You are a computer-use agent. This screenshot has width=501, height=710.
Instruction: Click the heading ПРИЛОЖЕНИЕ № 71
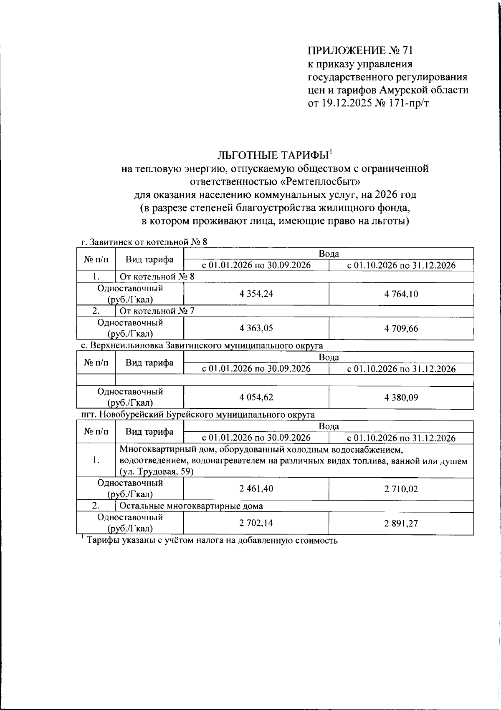pyautogui.click(x=360, y=51)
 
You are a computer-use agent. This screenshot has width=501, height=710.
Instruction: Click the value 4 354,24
pyautogui.click(x=256, y=294)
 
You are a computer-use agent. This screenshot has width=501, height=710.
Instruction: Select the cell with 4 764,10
pyautogui.click(x=401, y=294)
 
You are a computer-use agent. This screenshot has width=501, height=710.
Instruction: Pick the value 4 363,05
pyautogui.click(x=256, y=328)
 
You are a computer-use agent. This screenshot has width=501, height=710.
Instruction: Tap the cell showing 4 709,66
pyautogui.click(x=401, y=328)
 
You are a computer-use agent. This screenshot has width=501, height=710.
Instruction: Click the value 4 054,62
pyautogui.click(x=256, y=397)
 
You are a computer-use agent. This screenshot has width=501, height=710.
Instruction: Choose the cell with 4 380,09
pyautogui.click(x=401, y=397)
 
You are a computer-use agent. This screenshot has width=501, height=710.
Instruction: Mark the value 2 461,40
pyautogui.click(x=256, y=488)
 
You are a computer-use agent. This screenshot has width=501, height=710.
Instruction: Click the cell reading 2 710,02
pyautogui.click(x=401, y=488)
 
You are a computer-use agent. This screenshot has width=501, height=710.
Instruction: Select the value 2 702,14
pyautogui.click(x=256, y=523)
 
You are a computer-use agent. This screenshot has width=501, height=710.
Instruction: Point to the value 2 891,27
pyautogui.click(x=401, y=523)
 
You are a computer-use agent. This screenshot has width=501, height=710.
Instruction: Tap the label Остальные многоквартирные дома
pyautogui.click(x=191, y=506)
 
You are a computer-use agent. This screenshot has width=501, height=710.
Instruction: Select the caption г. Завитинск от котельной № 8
pyautogui.click(x=144, y=242)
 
